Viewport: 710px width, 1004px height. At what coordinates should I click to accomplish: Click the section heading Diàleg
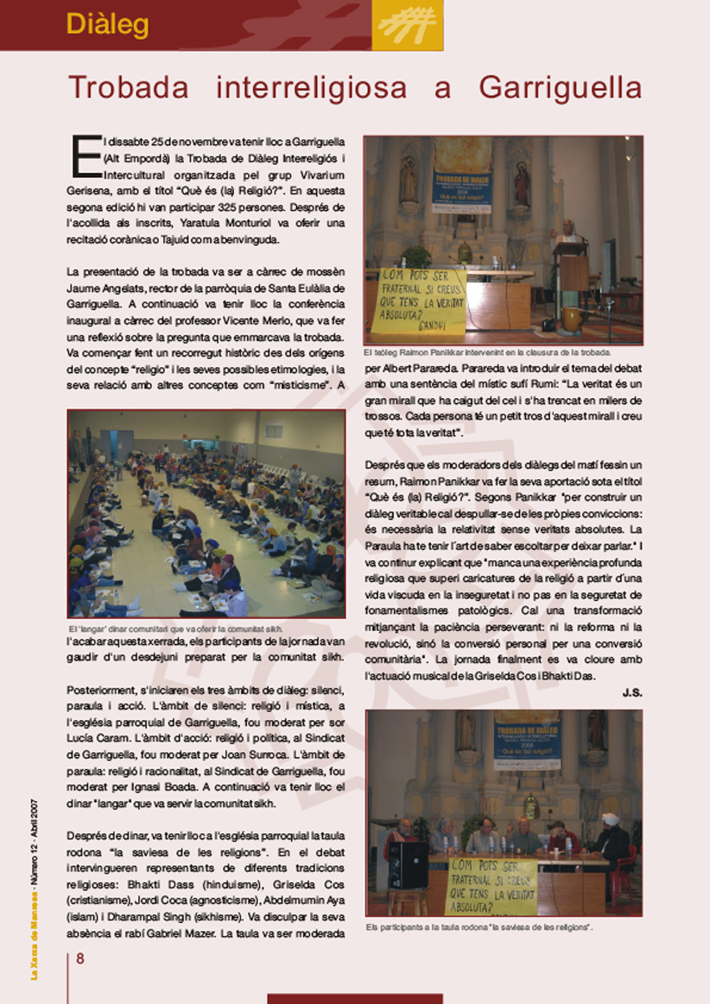click(107, 24)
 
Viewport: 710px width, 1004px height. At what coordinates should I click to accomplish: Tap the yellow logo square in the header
click(408, 25)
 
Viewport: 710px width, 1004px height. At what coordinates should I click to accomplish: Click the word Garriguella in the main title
click(560, 88)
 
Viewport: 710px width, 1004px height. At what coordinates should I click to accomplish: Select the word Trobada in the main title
click(133, 88)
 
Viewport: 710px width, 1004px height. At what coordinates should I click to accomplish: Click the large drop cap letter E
click(85, 155)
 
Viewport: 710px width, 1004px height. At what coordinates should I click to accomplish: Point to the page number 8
click(80, 958)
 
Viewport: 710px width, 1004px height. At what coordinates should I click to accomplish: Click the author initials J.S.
click(632, 692)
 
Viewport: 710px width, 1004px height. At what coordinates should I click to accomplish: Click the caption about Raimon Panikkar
click(487, 352)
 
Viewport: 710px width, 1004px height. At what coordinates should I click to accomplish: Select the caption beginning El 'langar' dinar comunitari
click(174, 628)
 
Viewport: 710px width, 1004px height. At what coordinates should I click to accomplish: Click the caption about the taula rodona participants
click(479, 927)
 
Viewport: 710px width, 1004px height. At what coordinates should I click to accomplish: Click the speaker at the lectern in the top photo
click(567, 233)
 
